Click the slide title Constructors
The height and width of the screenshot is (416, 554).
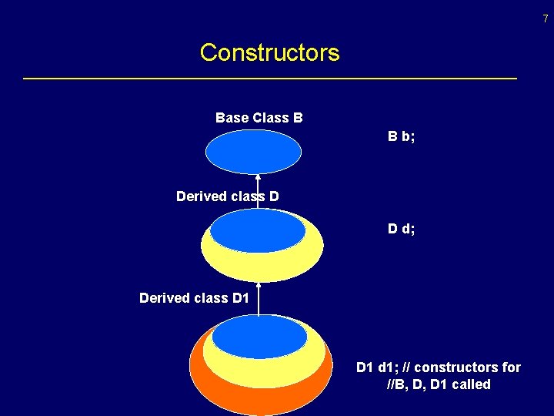(269, 52)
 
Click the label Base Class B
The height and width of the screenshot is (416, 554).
(259, 118)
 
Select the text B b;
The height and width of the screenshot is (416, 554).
(401, 137)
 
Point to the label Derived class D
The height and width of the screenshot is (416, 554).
(227, 196)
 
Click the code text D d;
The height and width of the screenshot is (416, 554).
(401, 229)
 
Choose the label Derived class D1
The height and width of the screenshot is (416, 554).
(194, 297)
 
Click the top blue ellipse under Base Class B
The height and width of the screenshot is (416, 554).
(253, 152)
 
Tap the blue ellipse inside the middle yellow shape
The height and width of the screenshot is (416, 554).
(257, 231)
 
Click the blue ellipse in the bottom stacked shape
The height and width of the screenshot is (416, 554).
(259, 337)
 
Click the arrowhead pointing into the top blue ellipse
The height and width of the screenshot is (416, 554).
(258, 179)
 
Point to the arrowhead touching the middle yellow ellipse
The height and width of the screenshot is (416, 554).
(259, 287)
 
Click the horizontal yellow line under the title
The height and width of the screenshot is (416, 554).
(269, 79)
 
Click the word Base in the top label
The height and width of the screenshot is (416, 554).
(232, 118)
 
